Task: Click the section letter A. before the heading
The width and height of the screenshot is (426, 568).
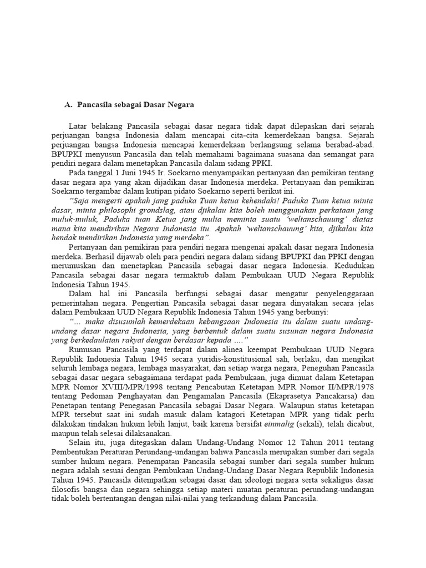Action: [x=69, y=104]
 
